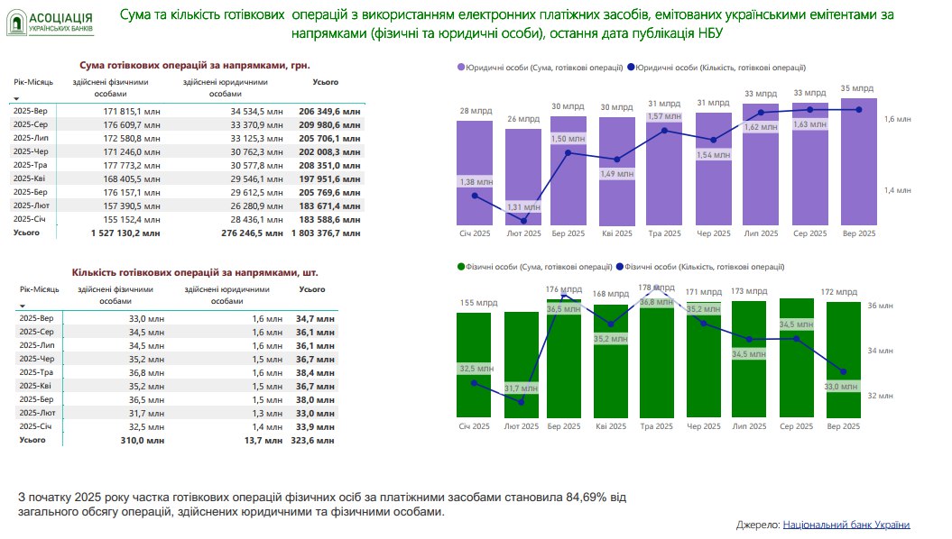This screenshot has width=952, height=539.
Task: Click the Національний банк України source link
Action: [846, 525]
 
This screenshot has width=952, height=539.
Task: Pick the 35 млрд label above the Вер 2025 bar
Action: [856, 88]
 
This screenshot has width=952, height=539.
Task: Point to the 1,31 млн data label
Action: [523, 207]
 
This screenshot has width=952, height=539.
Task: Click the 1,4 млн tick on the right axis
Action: [897, 190]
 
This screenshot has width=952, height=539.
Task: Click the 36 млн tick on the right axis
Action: [880, 306]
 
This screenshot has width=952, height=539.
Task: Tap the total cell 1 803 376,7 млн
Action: [326, 233]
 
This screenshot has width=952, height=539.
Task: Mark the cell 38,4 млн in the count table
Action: [314, 370]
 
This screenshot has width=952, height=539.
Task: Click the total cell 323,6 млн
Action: [314, 441]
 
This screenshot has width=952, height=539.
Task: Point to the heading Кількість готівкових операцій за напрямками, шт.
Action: [194, 270]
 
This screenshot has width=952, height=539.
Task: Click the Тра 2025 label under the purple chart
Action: [666, 233]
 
